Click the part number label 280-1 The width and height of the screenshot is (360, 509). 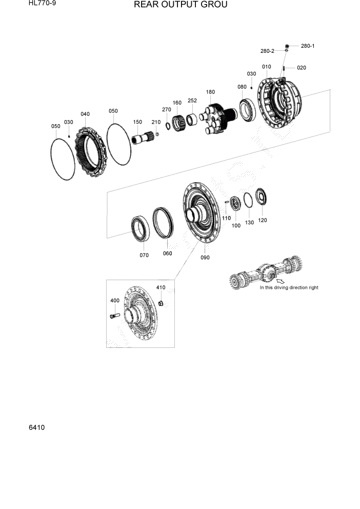308,46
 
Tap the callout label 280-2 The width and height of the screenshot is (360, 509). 267,51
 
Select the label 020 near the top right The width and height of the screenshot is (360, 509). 301,68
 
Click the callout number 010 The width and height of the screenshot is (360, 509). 267,67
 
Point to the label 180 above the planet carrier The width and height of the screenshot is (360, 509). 210,92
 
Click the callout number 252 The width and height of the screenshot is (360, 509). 192,101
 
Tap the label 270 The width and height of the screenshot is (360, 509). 166,109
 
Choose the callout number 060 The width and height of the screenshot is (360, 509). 167,253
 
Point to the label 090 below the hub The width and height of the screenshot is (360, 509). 205,258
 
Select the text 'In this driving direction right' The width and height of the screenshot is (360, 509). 289,288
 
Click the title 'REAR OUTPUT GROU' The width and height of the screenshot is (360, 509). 173,5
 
